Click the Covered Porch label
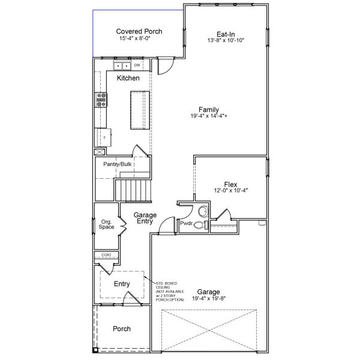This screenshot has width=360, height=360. click(x=139, y=31)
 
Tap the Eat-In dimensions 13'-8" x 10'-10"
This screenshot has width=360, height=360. click(x=226, y=40)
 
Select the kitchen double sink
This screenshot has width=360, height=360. click(x=122, y=66)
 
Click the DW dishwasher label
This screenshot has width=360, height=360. click(x=137, y=65)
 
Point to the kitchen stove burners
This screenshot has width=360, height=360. click(x=101, y=100)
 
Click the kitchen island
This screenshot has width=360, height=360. click(x=140, y=110)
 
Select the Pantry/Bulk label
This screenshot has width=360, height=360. click(x=118, y=164)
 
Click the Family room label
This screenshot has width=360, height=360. click(x=209, y=110)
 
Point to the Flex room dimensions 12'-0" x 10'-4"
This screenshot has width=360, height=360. click(x=231, y=190)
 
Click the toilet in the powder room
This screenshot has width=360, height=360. click(x=201, y=225)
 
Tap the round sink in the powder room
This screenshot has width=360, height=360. click(x=203, y=211)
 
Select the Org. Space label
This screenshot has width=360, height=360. click(x=106, y=224)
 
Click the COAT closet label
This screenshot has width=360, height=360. click(x=106, y=255)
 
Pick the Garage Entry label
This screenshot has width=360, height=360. click(x=145, y=218)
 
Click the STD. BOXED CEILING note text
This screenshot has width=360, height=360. click(x=170, y=292)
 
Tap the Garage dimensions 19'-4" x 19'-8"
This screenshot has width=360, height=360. click(x=209, y=298)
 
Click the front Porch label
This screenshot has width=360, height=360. click(x=122, y=329)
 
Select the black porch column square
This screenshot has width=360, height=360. click(x=95, y=350)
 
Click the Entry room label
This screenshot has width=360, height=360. click(x=122, y=284)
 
